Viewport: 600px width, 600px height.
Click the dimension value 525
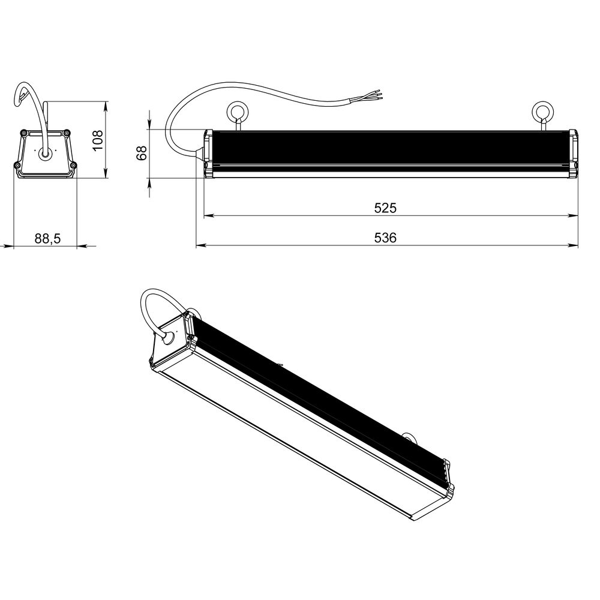pyautogui.click(x=386, y=208)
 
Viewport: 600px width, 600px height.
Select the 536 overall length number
pyautogui.click(x=386, y=238)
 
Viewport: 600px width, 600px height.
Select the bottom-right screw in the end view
pyautogui.click(x=73, y=165)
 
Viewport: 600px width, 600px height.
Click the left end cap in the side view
pyautogui.click(x=208, y=153)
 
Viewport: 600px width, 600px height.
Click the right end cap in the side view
pyautogui.click(x=573, y=153)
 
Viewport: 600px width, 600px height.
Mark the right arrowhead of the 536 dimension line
pyautogui.click(x=574, y=245)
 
